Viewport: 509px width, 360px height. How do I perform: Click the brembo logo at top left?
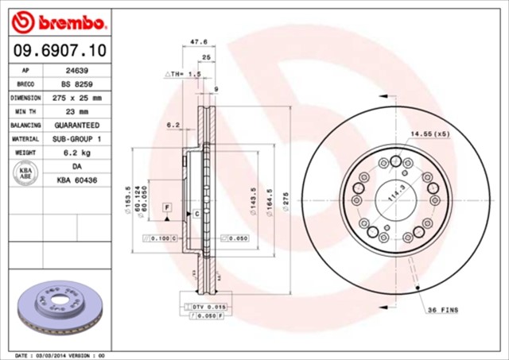(x=60, y=19)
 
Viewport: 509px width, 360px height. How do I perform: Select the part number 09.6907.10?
(x=60, y=51)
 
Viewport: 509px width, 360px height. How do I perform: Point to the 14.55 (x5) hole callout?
(x=429, y=134)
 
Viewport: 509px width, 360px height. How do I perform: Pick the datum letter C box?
(x=195, y=214)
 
